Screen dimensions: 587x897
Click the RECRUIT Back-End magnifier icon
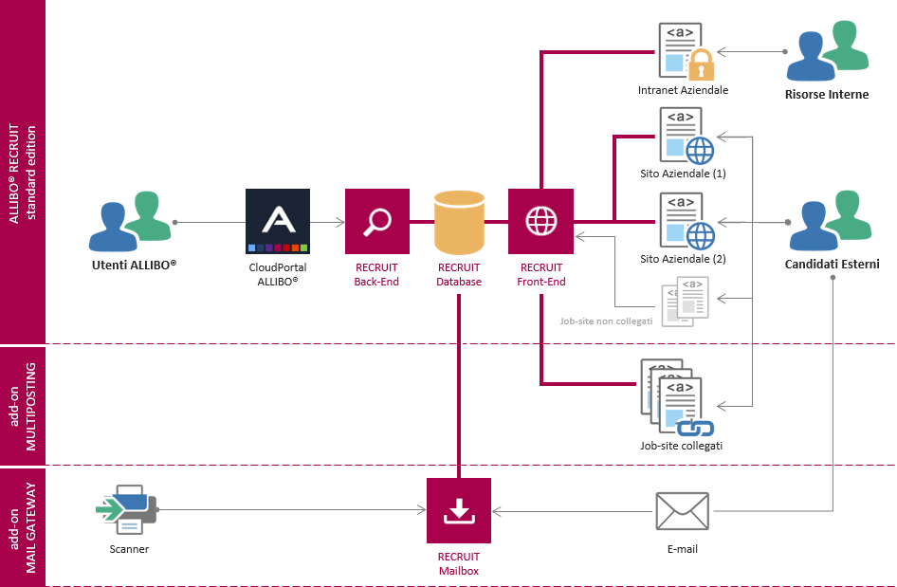[377, 221]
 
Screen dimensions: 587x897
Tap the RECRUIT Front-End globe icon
[540, 221]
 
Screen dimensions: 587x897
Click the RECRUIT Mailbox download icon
[459, 510]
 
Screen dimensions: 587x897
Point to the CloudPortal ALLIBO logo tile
[278, 221]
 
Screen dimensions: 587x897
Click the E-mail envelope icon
[682, 512]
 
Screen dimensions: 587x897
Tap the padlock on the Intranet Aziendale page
[700, 65]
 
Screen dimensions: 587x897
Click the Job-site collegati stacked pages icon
[675, 396]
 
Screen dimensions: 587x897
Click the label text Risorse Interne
[827, 95]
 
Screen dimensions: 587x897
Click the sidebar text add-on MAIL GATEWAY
[23, 526]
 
